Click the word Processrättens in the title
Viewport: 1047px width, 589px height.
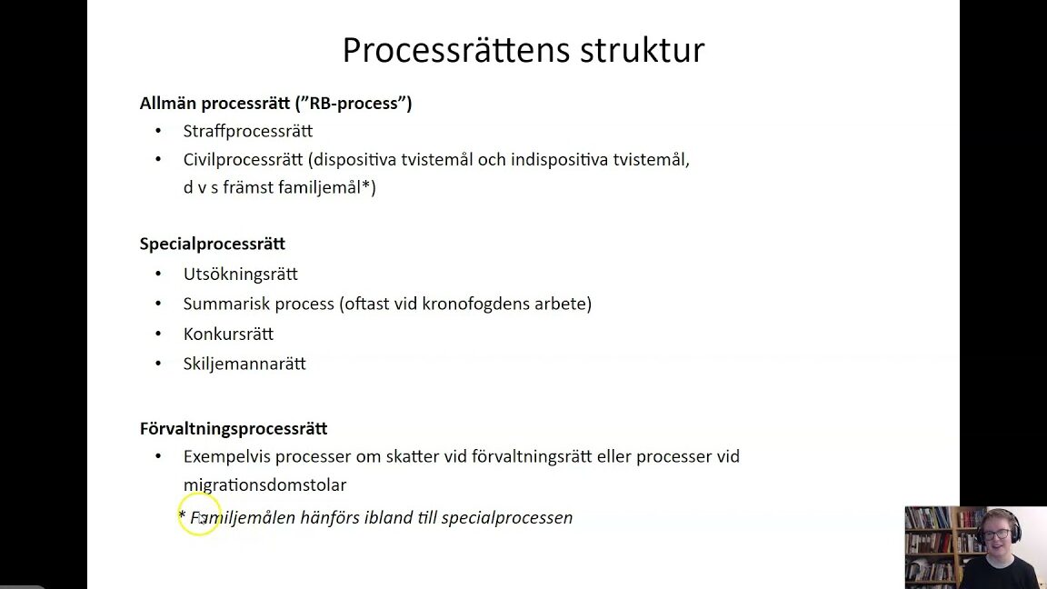(x=456, y=50)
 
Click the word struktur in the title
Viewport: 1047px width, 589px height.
(x=643, y=50)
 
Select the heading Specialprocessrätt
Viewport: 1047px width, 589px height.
(x=213, y=244)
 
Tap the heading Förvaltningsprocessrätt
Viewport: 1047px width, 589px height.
(x=234, y=428)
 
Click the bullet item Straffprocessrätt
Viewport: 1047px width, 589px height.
(x=248, y=131)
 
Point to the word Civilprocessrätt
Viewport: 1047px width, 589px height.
(x=243, y=160)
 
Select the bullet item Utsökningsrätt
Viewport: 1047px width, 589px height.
(x=240, y=274)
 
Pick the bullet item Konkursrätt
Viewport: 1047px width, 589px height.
(x=228, y=334)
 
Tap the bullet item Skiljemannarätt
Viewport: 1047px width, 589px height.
(x=244, y=364)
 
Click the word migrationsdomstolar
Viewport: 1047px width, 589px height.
(x=265, y=484)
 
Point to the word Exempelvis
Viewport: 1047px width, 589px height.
(x=227, y=457)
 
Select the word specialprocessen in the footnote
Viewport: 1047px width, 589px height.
(x=507, y=517)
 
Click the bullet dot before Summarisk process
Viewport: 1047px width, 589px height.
(x=158, y=304)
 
